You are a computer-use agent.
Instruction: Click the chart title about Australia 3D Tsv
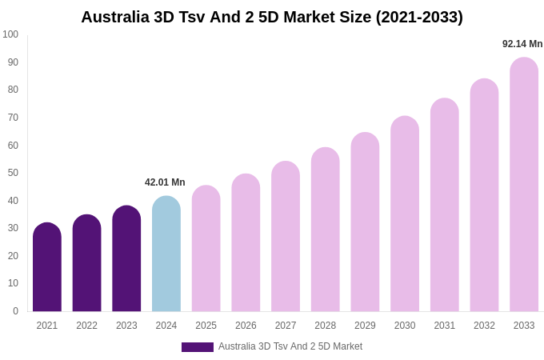click(x=272, y=17)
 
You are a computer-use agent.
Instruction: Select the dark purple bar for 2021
click(x=47, y=268)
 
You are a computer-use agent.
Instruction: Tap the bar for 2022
click(x=86, y=264)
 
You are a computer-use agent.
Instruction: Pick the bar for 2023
click(x=126, y=259)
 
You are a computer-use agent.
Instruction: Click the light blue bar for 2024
click(x=166, y=254)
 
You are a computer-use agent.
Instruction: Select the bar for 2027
click(x=286, y=237)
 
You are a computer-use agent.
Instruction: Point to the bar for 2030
click(x=405, y=214)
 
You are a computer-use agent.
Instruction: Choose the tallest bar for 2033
click(x=524, y=185)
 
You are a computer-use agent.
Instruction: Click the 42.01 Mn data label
click(x=165, y=182)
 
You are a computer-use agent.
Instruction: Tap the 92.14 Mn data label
click(x=522, y=44)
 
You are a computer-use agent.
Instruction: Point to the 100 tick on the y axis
click(x=10, y=34)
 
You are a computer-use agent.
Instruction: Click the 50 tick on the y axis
click(x=13, y=173)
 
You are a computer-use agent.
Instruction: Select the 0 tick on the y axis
click(x=15, y=311)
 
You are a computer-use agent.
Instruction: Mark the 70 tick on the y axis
click(x=13, y=118)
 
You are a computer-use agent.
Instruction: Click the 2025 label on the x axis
click(x=206, y=326)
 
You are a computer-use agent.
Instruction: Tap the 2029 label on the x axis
click(x=365, y=326)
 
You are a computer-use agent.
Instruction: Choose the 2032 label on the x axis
click(x=484, y=326)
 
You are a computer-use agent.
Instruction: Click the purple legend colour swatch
click(x=198, y=347)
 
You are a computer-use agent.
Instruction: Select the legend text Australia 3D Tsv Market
click(x=290, y=346)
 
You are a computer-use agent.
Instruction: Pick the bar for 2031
click(x=445, y=206)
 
